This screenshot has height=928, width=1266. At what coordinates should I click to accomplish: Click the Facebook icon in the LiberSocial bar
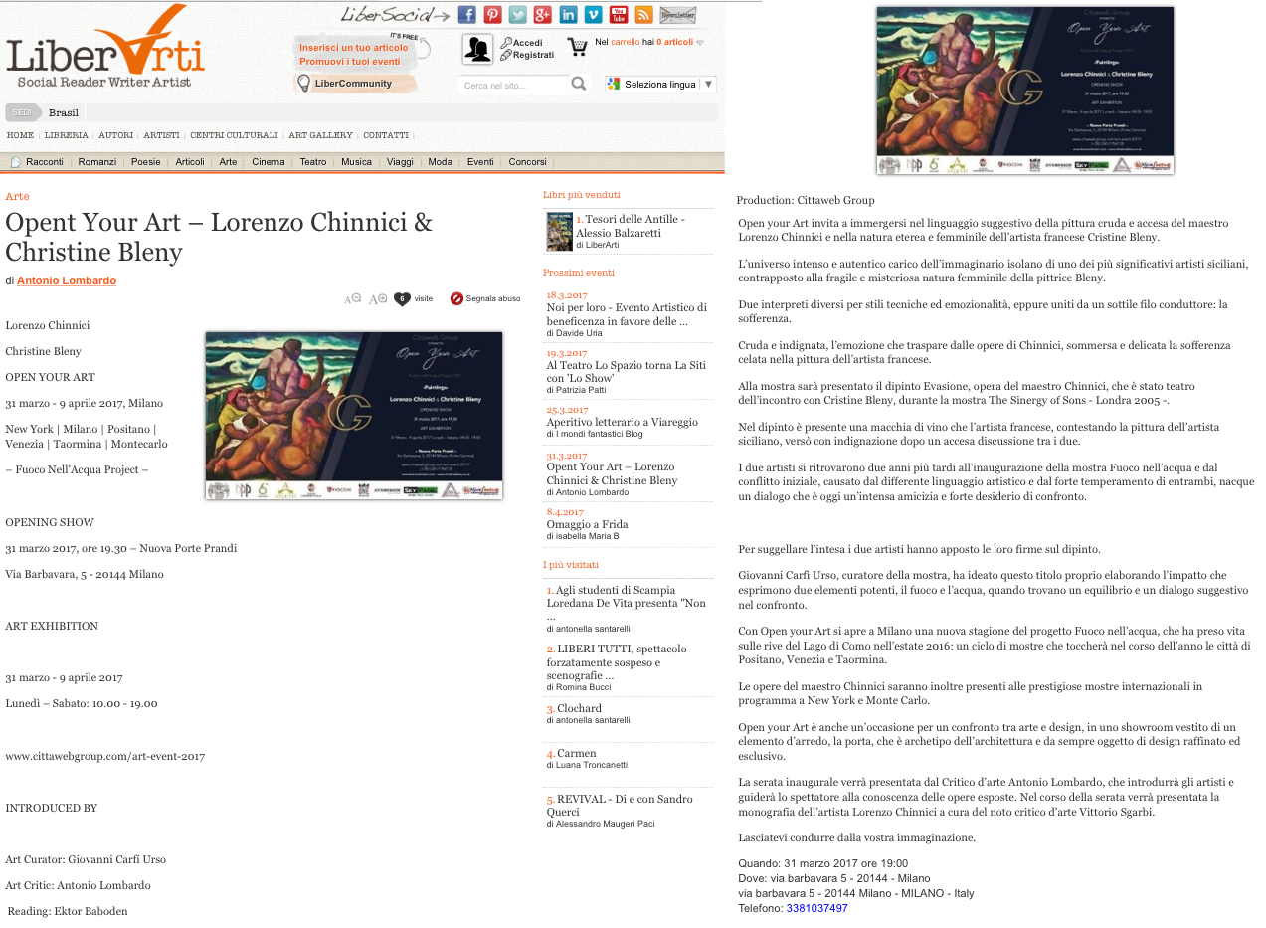tap(466, 14)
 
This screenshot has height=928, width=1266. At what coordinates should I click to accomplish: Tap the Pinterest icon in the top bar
tap(492, 14)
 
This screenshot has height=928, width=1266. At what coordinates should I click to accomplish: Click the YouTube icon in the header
tap(619, 14)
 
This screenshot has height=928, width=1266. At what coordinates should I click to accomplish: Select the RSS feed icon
tap(643, 14)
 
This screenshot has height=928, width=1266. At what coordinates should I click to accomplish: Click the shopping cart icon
tap(577, 46)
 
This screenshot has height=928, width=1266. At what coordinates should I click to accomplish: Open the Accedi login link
tap(527, 43)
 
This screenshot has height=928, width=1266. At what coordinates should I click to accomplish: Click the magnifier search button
tap(578, 84)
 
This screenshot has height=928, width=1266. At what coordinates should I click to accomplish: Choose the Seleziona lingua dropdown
tap(660, 85)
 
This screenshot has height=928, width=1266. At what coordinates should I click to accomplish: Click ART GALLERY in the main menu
tap(320, 135)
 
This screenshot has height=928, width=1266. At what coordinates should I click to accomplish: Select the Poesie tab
tap(145, 162)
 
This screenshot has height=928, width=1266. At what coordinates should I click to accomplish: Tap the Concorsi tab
tap(527, 162)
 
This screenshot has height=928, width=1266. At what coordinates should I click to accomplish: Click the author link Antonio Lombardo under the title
tap(67, 280)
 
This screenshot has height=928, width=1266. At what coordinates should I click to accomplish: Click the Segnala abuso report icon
tap(456, 298)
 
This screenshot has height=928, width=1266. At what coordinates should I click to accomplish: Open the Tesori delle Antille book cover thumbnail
tap(559, 232)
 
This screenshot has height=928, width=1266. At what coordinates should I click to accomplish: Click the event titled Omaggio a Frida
tap(587, 524)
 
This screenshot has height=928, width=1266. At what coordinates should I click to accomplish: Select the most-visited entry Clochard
tap(579, 708)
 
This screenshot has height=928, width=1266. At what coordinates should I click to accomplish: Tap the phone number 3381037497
tap(816, 908)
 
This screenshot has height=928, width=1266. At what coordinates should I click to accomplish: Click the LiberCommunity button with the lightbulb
tap(352, 83)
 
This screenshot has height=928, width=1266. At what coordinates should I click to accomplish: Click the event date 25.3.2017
tap(567, 410)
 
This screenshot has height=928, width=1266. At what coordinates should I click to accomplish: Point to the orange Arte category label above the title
tap(17, 196)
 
